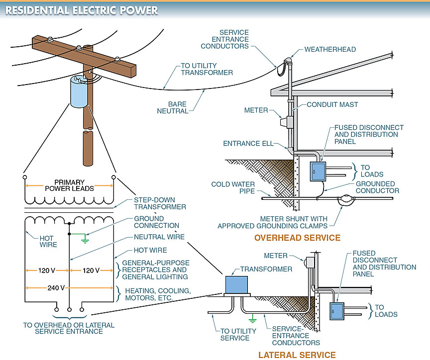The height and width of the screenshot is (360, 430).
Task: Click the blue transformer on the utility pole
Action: pos(79,92)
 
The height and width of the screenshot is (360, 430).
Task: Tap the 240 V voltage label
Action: pos(56,288)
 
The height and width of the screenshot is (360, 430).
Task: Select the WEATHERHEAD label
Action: pos(330,49)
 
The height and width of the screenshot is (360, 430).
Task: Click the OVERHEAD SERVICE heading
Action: pos(297,238)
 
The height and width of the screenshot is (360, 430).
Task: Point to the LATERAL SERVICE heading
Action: pos(297,355)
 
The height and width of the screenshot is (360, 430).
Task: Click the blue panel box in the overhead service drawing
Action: pos(318,172)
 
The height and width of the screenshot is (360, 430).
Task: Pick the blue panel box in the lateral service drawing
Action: pos(337,311)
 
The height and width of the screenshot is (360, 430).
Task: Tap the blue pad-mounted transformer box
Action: pos(236,284)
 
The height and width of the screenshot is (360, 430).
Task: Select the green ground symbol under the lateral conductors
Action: pos(252,319)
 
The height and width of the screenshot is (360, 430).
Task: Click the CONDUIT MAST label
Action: pos(332,104)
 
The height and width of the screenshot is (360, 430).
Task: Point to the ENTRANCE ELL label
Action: pos(248,144)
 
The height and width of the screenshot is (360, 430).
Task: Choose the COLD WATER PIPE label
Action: pos(233,187)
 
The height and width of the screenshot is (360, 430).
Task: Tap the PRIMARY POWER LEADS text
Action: pos(69,185)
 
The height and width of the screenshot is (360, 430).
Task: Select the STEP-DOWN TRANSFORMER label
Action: pos(160,203)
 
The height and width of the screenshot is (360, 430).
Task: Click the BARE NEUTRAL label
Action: pos(172,107)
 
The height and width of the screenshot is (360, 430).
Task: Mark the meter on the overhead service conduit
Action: pos(287,122)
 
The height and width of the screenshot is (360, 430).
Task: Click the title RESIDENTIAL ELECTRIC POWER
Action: pos(82,10)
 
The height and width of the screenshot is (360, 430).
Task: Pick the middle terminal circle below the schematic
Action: pos(69,310)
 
